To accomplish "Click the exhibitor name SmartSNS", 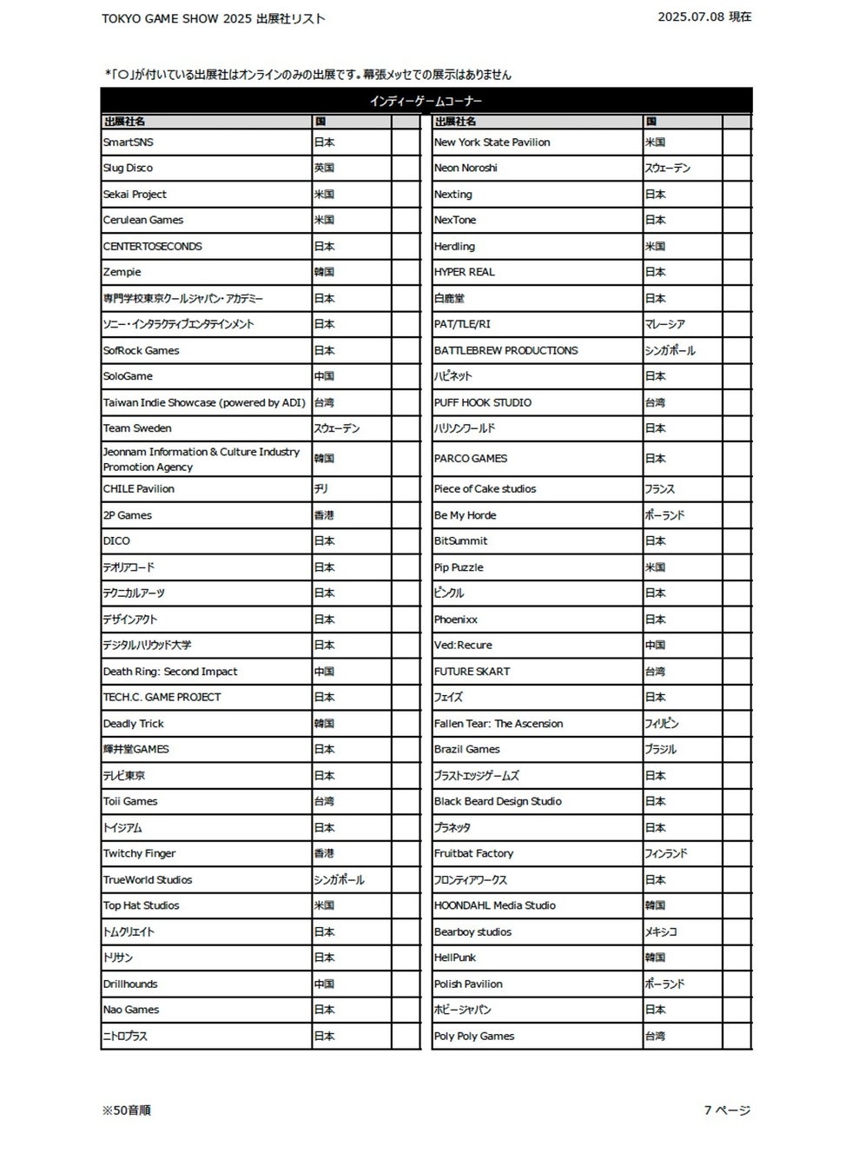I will point(129,142).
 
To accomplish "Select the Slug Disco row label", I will point(128,169).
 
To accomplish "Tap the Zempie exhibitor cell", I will point(122,272).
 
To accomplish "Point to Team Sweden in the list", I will point(137,428).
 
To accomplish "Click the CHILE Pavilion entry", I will point(139,489).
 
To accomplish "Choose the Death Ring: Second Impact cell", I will point(170,672).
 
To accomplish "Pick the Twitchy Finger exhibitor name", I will point(140,854).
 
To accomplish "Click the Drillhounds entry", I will point(131,984).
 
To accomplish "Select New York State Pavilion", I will point(492,142).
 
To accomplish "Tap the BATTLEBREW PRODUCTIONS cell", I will point(506,351).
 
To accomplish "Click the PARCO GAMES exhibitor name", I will point(471,459).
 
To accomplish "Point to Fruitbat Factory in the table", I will point(474,854).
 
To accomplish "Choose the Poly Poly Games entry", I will point(474,1037).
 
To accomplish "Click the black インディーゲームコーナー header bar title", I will point(426,102).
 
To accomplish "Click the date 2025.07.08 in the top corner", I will point(691,17).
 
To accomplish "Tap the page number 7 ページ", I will point(727,1110).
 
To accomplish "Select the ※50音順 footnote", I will point(127,1110).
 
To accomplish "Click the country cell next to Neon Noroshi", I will point(668,169).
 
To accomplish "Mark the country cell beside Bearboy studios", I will point(661,932).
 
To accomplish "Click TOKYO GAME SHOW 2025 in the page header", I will point(177,18).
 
